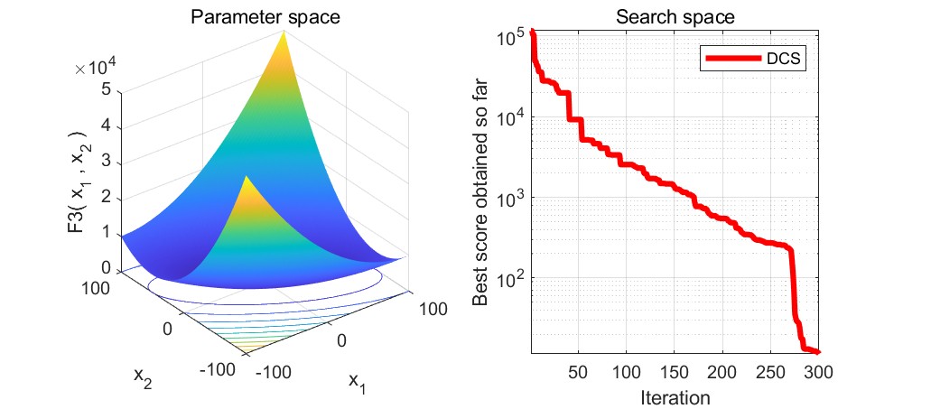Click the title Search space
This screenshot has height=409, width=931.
tap(675, 16)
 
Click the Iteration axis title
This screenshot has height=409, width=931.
tap(675, 396)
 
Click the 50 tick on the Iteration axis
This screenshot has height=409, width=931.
tap(579, 371)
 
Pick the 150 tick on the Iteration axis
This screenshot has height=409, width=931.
tap(675, 371)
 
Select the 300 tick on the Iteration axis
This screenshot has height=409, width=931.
tap(818, 371)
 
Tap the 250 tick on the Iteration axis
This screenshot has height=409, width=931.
tap(770, 371)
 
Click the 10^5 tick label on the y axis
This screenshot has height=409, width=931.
tap(511, 38)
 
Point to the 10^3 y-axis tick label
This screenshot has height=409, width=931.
tap(511, 199)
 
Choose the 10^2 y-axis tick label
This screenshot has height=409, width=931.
tap(511, 279)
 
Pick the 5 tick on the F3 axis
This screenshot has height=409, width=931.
tap(107, 89)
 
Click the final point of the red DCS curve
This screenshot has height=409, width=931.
tap(817, 352)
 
